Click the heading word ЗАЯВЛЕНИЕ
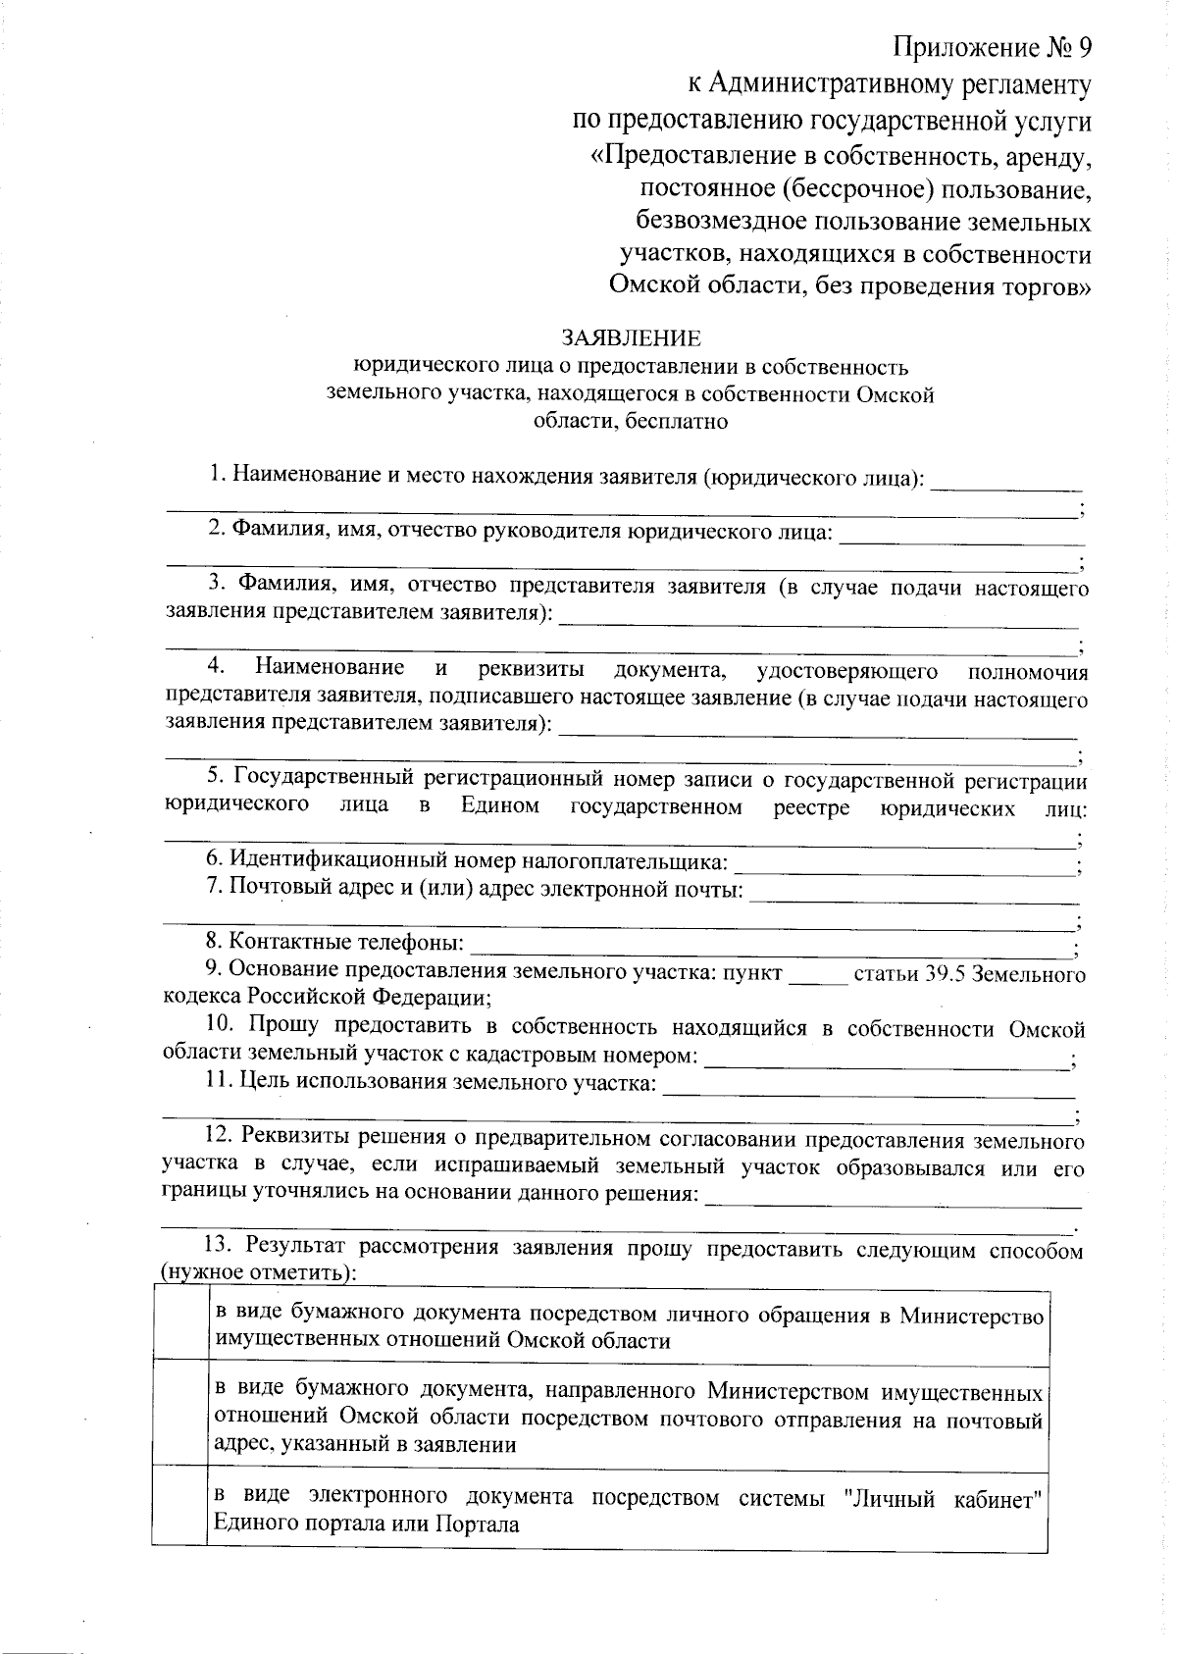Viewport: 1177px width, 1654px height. [x=631, y=338]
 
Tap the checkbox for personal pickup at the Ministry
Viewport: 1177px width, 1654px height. [x=180, y=1326]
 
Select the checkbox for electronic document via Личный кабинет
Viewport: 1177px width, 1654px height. [x=180, y=1509]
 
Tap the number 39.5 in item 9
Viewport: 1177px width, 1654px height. [x=947, y=975]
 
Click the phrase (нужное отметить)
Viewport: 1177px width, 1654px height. [x=258, y=1273]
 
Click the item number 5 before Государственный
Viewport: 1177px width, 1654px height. [x=213, y=778]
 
